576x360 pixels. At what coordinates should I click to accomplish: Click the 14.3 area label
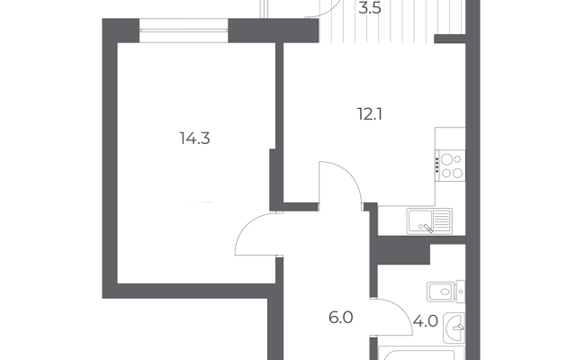[x=194, y=139]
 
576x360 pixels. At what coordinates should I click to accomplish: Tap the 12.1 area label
[x=370, y=114]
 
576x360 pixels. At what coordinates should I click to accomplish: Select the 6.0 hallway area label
[x=341, y=318]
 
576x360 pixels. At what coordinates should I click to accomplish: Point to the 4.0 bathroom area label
[x=425, y=321]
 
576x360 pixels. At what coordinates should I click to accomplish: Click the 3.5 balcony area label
[x=370, y=8]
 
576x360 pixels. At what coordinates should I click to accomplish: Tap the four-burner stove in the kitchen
[x=450, y=166]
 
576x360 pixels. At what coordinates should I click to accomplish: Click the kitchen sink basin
[x=419, y=220]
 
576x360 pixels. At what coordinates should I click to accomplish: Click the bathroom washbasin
[x=454, y=328]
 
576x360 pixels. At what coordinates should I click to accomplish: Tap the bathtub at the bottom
[x=421, y=353]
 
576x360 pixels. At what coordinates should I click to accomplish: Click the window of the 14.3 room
[x=184, y=31]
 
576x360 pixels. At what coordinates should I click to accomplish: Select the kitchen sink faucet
[x=427, y=229]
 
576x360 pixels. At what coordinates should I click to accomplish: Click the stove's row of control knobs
[x=437, y=166]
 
